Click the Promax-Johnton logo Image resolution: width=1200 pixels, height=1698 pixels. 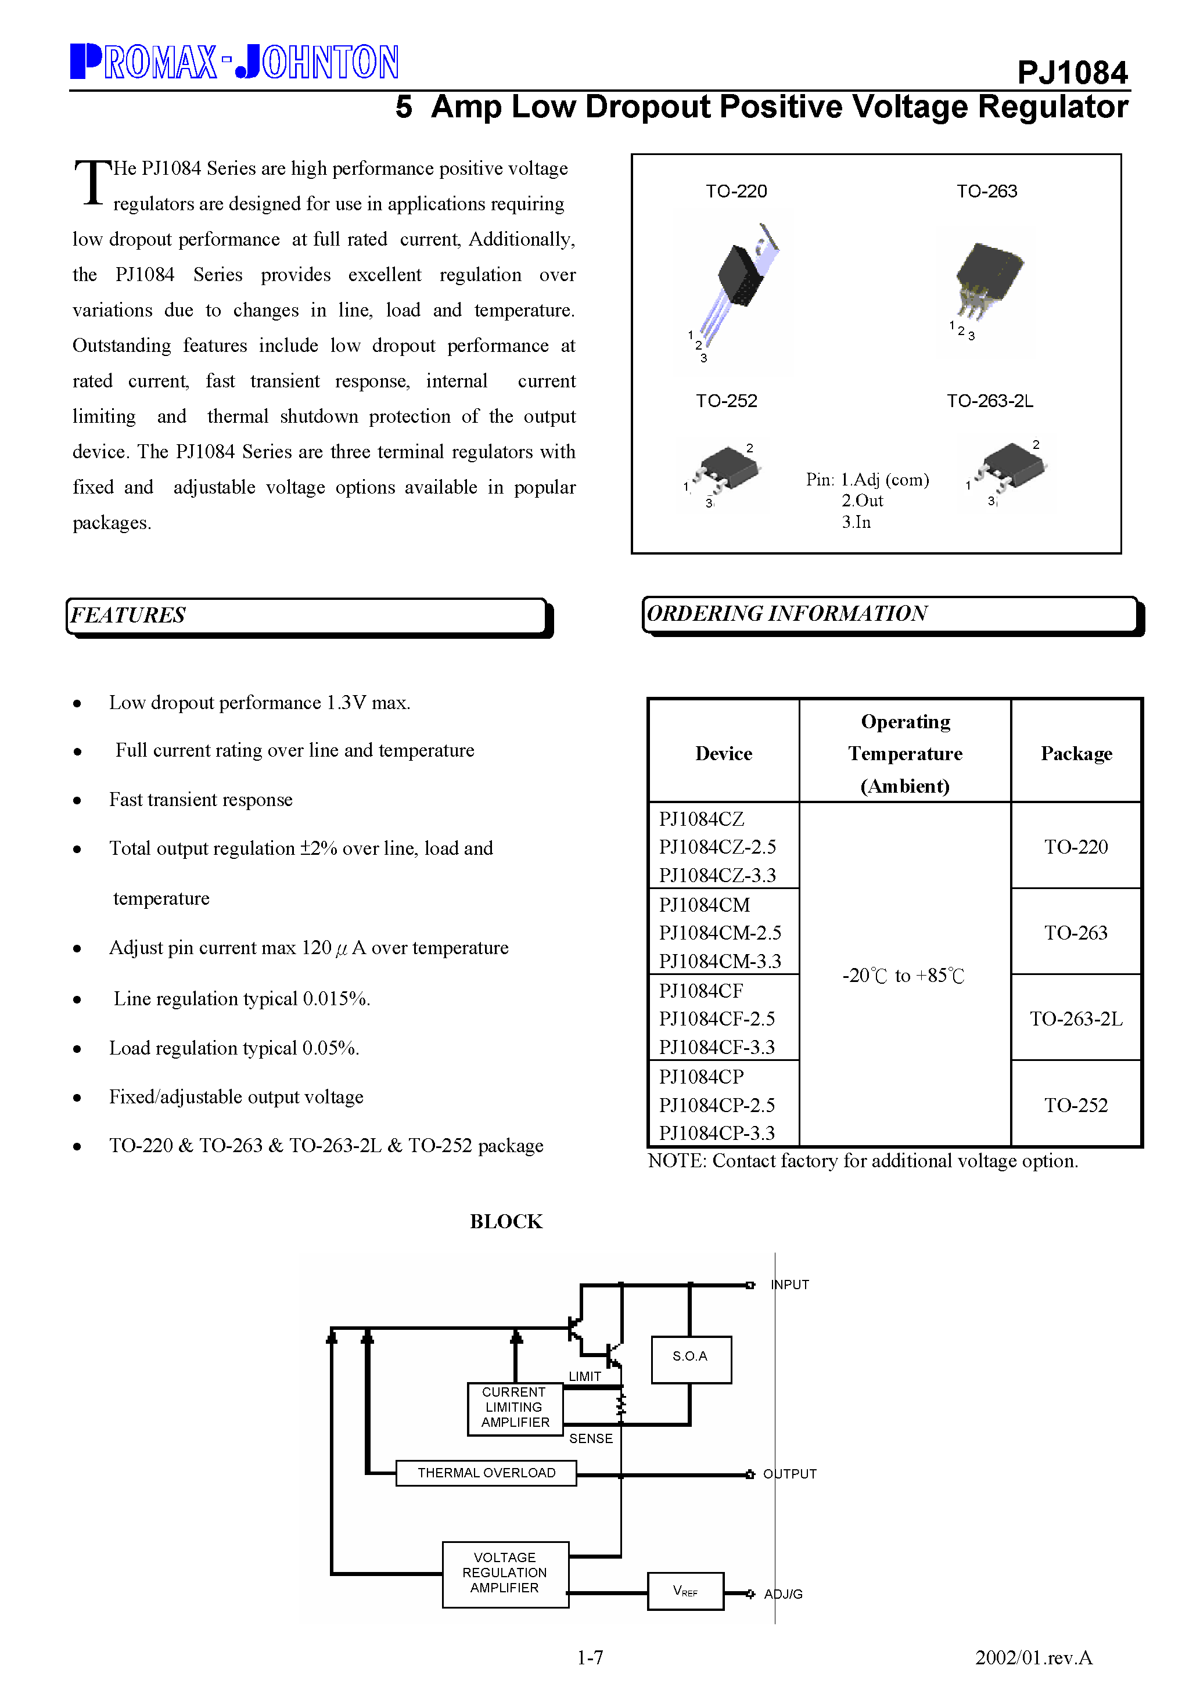[235, 62]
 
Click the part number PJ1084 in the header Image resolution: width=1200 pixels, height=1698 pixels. [1072, 73]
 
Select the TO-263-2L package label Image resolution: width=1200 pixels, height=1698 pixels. [989, 401]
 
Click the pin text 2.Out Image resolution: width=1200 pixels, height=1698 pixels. [862, 501]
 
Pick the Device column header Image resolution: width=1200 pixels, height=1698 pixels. [724, 754]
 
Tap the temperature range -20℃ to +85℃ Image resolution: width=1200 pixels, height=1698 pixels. [903, 976]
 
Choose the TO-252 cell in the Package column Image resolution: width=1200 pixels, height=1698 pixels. [1076, 1105]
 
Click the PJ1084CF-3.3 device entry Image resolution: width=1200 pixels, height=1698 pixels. [717, 1047]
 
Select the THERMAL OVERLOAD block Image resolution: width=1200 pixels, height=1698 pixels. [486, 1473]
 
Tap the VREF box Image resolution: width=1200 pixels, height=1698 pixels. [685, 1591]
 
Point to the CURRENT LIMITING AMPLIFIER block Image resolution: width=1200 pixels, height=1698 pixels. [515, 1408]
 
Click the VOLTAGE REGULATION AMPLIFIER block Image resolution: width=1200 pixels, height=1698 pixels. [505, 1573]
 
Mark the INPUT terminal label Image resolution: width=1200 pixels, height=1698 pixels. [790, 1285]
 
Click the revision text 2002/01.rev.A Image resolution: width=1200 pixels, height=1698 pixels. [1033, 1657]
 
